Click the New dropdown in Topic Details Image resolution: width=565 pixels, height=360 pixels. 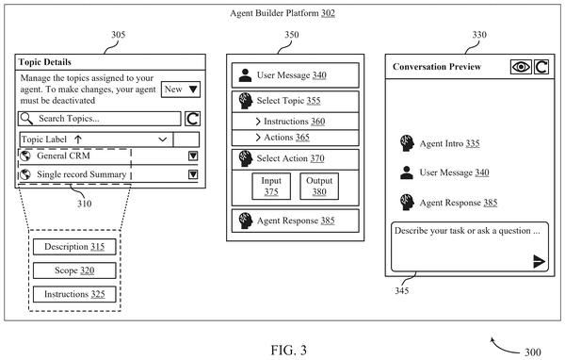click(181, 90)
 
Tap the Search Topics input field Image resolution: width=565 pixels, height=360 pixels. click(100, 119)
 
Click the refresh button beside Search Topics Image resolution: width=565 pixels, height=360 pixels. click(192, 119)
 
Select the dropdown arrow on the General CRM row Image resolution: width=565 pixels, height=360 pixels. click(193, 155)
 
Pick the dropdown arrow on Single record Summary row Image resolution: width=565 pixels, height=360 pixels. click(193, 174)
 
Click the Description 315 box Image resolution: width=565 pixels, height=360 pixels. click(74, 247)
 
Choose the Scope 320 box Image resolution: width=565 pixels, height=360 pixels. click(74, 270)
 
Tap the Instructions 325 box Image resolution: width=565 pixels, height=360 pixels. click(74, 294)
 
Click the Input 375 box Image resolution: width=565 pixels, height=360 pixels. click(271, 187)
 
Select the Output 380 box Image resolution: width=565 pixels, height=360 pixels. click(319, 187)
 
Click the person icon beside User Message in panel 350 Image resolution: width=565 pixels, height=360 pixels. click(245, 75)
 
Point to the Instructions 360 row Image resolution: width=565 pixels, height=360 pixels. click(295, 122)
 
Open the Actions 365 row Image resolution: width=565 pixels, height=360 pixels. click(295, 138)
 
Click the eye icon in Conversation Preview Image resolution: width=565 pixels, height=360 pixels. click(521, 67)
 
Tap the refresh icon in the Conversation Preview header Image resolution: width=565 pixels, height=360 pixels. click(541, 67)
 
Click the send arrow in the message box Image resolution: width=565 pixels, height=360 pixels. click(539, 262)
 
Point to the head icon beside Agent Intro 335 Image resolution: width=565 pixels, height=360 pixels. click(407, 143)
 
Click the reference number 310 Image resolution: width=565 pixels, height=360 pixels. click(85, 204)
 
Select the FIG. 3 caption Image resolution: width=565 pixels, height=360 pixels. click(289, 350)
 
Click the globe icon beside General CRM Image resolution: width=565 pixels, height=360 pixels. click(25, 155)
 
